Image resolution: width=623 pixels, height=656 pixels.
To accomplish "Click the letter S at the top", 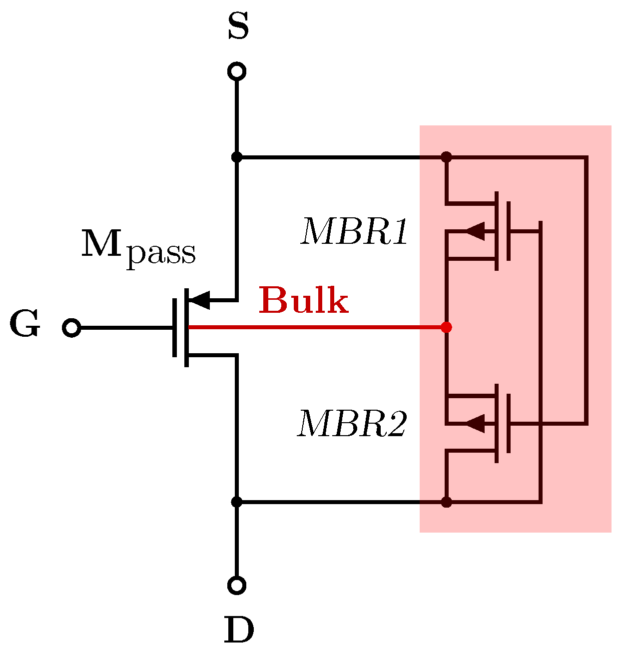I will (x=238, y=27).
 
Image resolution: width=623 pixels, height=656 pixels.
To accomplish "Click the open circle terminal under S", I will (x=237, y=71).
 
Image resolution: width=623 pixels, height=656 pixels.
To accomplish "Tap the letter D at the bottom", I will (x=239, y=631).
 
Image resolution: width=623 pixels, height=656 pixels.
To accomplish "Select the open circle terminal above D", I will (x=237, y=585).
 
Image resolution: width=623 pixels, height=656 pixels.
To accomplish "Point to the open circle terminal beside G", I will (x=71, y=328).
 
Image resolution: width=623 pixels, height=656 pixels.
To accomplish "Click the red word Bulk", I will (x=303, y=300).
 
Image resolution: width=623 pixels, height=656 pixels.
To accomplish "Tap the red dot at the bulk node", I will (x=447, y=327).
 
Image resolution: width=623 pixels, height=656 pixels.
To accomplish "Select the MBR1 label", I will (x=354, y=232).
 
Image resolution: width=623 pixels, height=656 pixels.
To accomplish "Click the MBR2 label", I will (x=352, y=424).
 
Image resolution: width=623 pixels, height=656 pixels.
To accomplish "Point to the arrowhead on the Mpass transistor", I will (x=200, y=300).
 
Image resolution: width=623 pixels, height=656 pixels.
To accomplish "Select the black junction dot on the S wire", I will (x=237, y=157).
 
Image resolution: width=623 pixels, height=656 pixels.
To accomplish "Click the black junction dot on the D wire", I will (x=237, y=502).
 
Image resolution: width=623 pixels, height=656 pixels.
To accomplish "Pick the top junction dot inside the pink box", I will (x=447, y=157).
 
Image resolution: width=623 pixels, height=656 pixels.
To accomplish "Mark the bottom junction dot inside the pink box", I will (x=447, y=502).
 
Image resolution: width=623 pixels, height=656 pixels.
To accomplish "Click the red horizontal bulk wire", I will (x=315, y=327).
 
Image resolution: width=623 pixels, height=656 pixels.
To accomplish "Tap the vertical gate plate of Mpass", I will (x=174, y=328).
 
